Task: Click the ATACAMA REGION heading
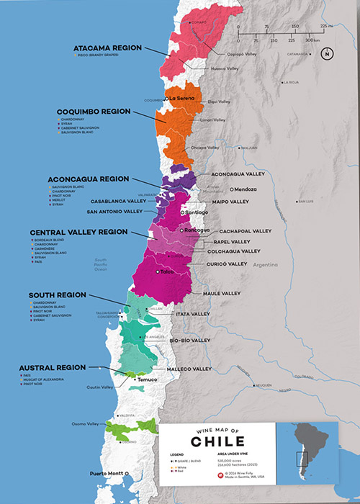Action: pos(109,48)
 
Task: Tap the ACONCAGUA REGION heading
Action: pos(89,178)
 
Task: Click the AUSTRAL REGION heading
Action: pos(53,366)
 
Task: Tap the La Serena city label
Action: pos(183,98)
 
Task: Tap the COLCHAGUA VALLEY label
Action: pos(235,251)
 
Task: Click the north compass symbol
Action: pos(328,53)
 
